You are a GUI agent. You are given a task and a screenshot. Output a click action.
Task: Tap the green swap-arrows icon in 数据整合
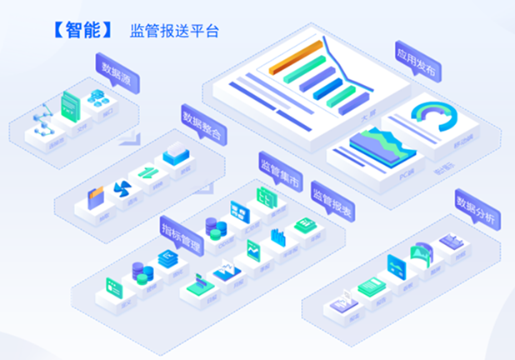click(x=148, y=174)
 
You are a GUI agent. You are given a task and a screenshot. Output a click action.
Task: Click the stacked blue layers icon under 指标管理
click(x=167, y=260)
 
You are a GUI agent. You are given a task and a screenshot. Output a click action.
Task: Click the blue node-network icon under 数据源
click(x=42, y=122)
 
